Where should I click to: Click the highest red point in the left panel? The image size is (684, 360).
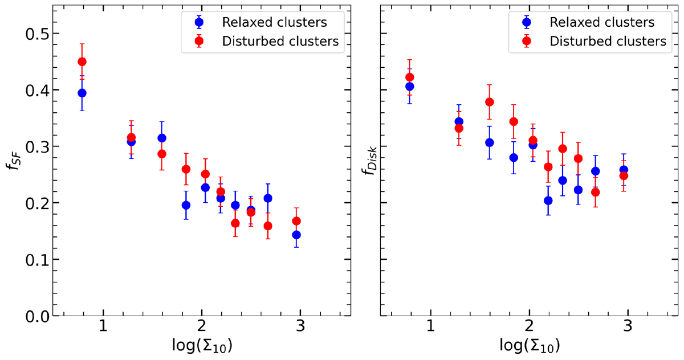82,62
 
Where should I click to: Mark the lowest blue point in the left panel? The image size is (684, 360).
296,235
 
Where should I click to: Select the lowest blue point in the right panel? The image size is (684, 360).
548,201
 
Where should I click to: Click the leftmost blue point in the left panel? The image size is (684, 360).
82,93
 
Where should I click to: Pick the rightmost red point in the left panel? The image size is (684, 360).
296,221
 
